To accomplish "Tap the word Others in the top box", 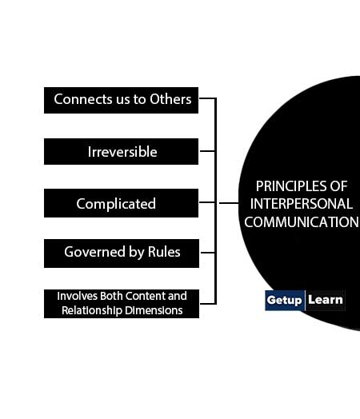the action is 170,99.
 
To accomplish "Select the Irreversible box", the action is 121,151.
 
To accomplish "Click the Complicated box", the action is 121,203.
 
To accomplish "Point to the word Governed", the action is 95,252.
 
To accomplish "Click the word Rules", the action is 164,252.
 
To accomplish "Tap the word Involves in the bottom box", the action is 78,296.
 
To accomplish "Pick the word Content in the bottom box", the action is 145,296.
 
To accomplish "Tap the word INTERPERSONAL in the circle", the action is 302,204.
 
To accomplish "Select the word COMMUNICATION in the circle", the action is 302,222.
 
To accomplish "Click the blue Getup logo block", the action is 285,301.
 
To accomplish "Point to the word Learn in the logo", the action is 326,300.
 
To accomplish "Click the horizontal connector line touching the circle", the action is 229,203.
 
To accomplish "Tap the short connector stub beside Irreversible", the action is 207,151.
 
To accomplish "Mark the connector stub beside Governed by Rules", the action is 208,252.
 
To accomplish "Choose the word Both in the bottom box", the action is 111,296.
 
